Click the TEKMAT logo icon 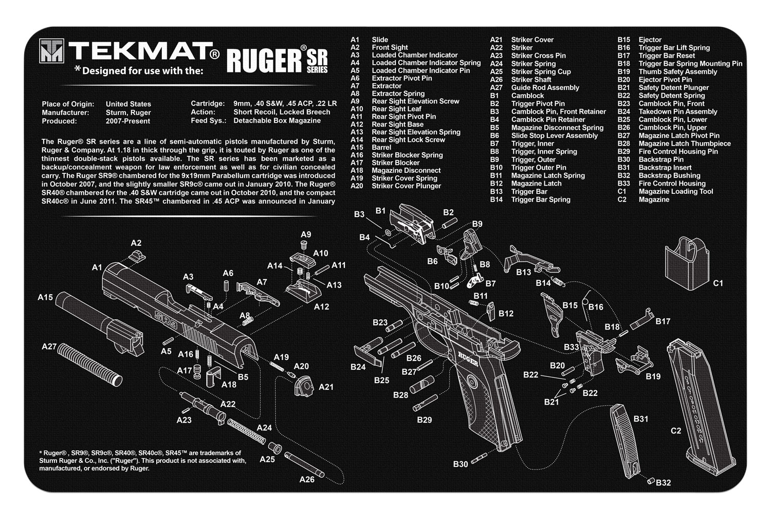(x=52, y=51)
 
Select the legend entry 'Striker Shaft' (x=531, y=80)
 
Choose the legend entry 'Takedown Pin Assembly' (x=671, y=112)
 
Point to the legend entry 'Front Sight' (x=390, y=47)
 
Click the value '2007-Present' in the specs (x=128, y=121)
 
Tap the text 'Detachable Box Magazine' (x=277, y=121)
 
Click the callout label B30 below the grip (x=460, y=464)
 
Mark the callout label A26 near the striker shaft (x=307, y=480)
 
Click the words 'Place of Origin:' (x=68, y=104)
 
